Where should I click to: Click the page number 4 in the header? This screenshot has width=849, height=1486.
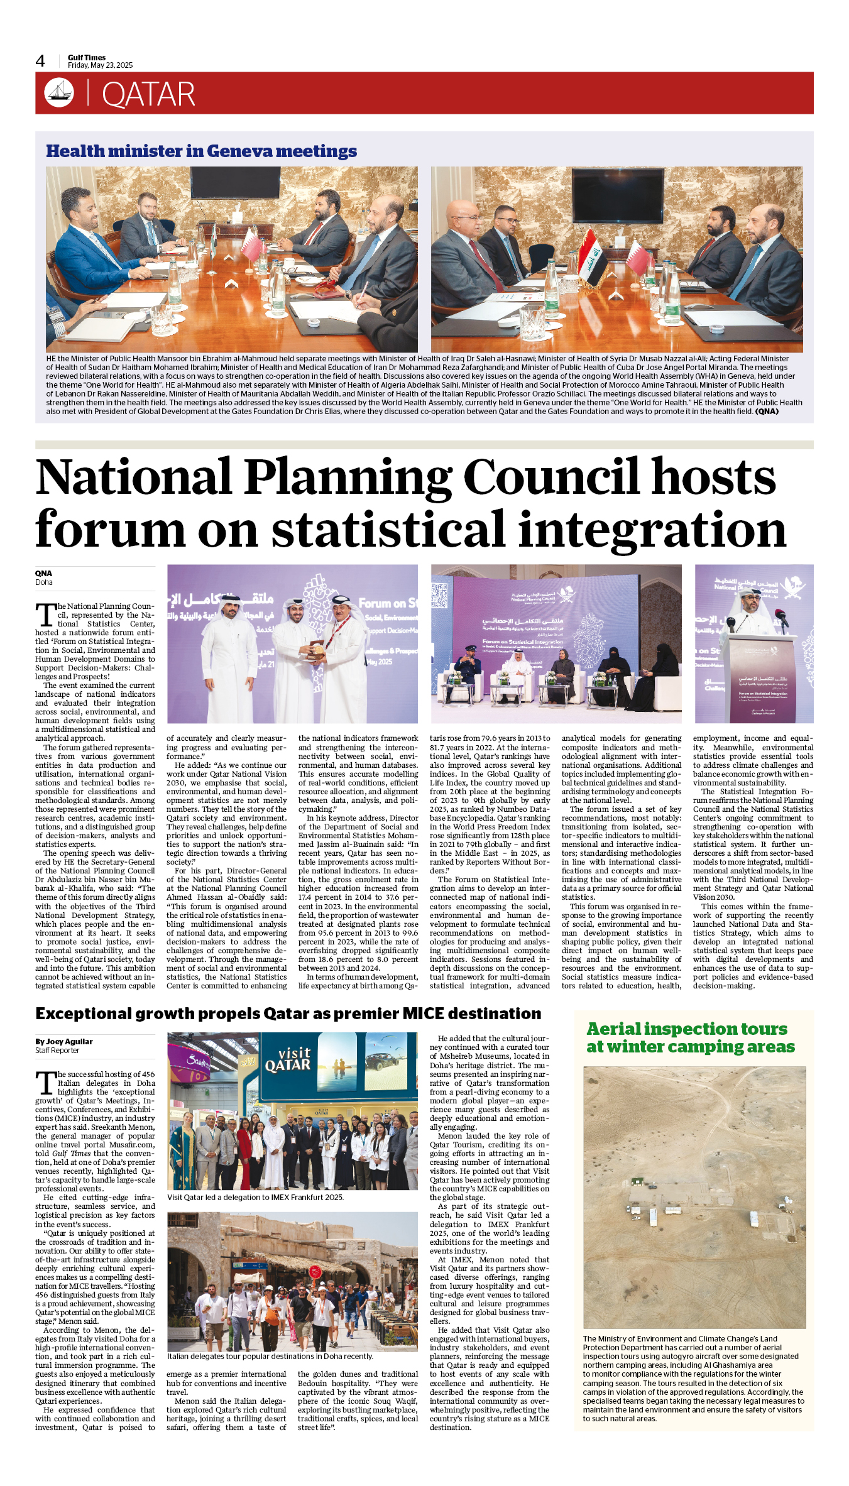click(40, 61)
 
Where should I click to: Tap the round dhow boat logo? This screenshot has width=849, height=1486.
click(59, 93)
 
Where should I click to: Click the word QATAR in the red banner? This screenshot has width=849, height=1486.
click(148, 95)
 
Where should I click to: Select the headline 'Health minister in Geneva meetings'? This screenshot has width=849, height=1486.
click(201, 151)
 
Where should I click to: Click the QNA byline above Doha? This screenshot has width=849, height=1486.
click(43, 573)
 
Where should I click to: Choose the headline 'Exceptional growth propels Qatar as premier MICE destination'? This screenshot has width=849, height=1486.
click(288, 1013)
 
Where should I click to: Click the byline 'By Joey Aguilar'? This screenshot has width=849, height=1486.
click(63, 1041)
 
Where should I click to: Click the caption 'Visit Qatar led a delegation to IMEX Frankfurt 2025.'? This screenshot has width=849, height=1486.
click(255, 1197)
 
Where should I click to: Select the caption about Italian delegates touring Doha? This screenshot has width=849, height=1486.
click(270, 1356)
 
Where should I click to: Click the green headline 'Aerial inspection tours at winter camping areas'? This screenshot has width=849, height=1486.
click(690, 1037)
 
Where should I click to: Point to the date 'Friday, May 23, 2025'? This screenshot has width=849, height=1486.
click(100, 65)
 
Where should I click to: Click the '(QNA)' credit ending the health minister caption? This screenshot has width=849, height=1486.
click(767, 412)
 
